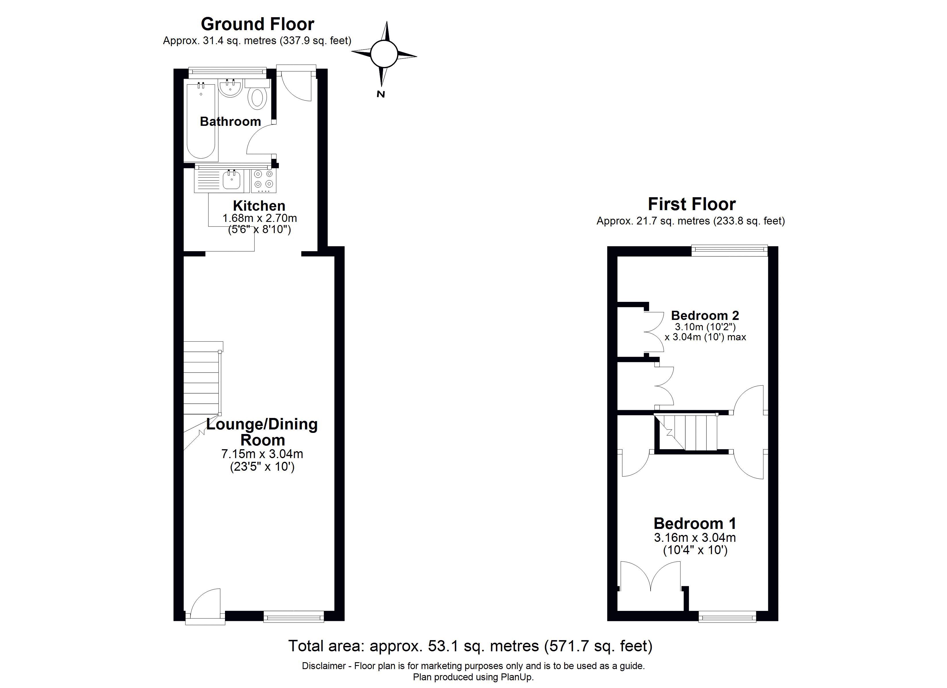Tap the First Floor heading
[692, 204]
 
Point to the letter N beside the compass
[381, 94]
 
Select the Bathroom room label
[230, 122]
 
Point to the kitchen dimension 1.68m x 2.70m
[259, 218]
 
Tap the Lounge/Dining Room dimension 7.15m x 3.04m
[262, 454]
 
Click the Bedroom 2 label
[705, 315]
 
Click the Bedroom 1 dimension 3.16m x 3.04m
[695, 537]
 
